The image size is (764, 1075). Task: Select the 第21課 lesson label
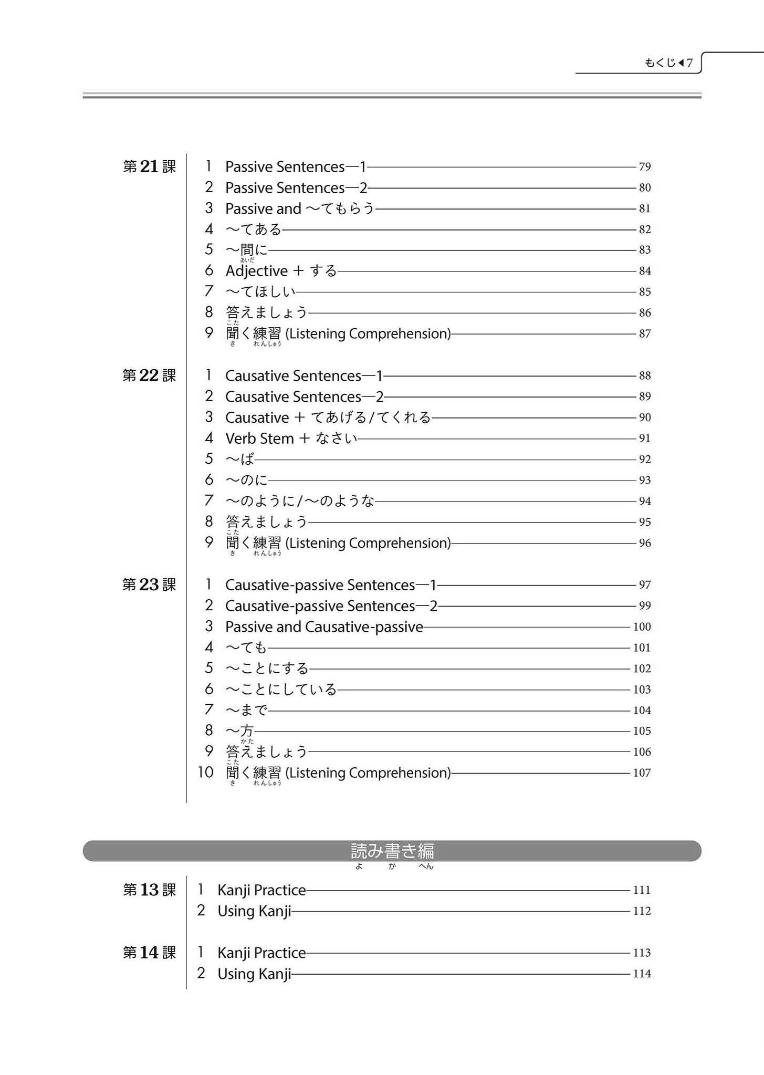point(149,166)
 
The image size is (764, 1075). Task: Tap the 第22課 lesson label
point(149,375)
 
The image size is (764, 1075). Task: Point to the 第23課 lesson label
point(149,585)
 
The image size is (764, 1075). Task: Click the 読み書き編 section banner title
point(392,851)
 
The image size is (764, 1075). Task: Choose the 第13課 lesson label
point(149,890)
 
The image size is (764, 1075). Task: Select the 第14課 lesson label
point(149,953)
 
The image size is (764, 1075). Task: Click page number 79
point(645,166)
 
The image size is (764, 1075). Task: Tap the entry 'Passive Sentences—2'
point(296,187)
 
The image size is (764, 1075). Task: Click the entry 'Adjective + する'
point(281,271)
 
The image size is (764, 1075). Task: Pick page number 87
point(645,333)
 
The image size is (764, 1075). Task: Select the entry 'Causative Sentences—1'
point(304,375)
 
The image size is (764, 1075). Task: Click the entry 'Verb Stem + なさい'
point(291,439)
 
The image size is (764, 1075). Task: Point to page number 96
point(645,543)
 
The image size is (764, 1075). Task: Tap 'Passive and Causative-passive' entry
point(324,627)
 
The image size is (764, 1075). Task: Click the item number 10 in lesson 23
point(205,773)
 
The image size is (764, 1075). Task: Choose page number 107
point(642,773)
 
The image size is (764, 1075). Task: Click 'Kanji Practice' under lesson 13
point(261,890)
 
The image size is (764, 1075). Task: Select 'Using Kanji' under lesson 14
point(254,974)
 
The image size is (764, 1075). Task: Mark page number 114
point(642,974)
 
